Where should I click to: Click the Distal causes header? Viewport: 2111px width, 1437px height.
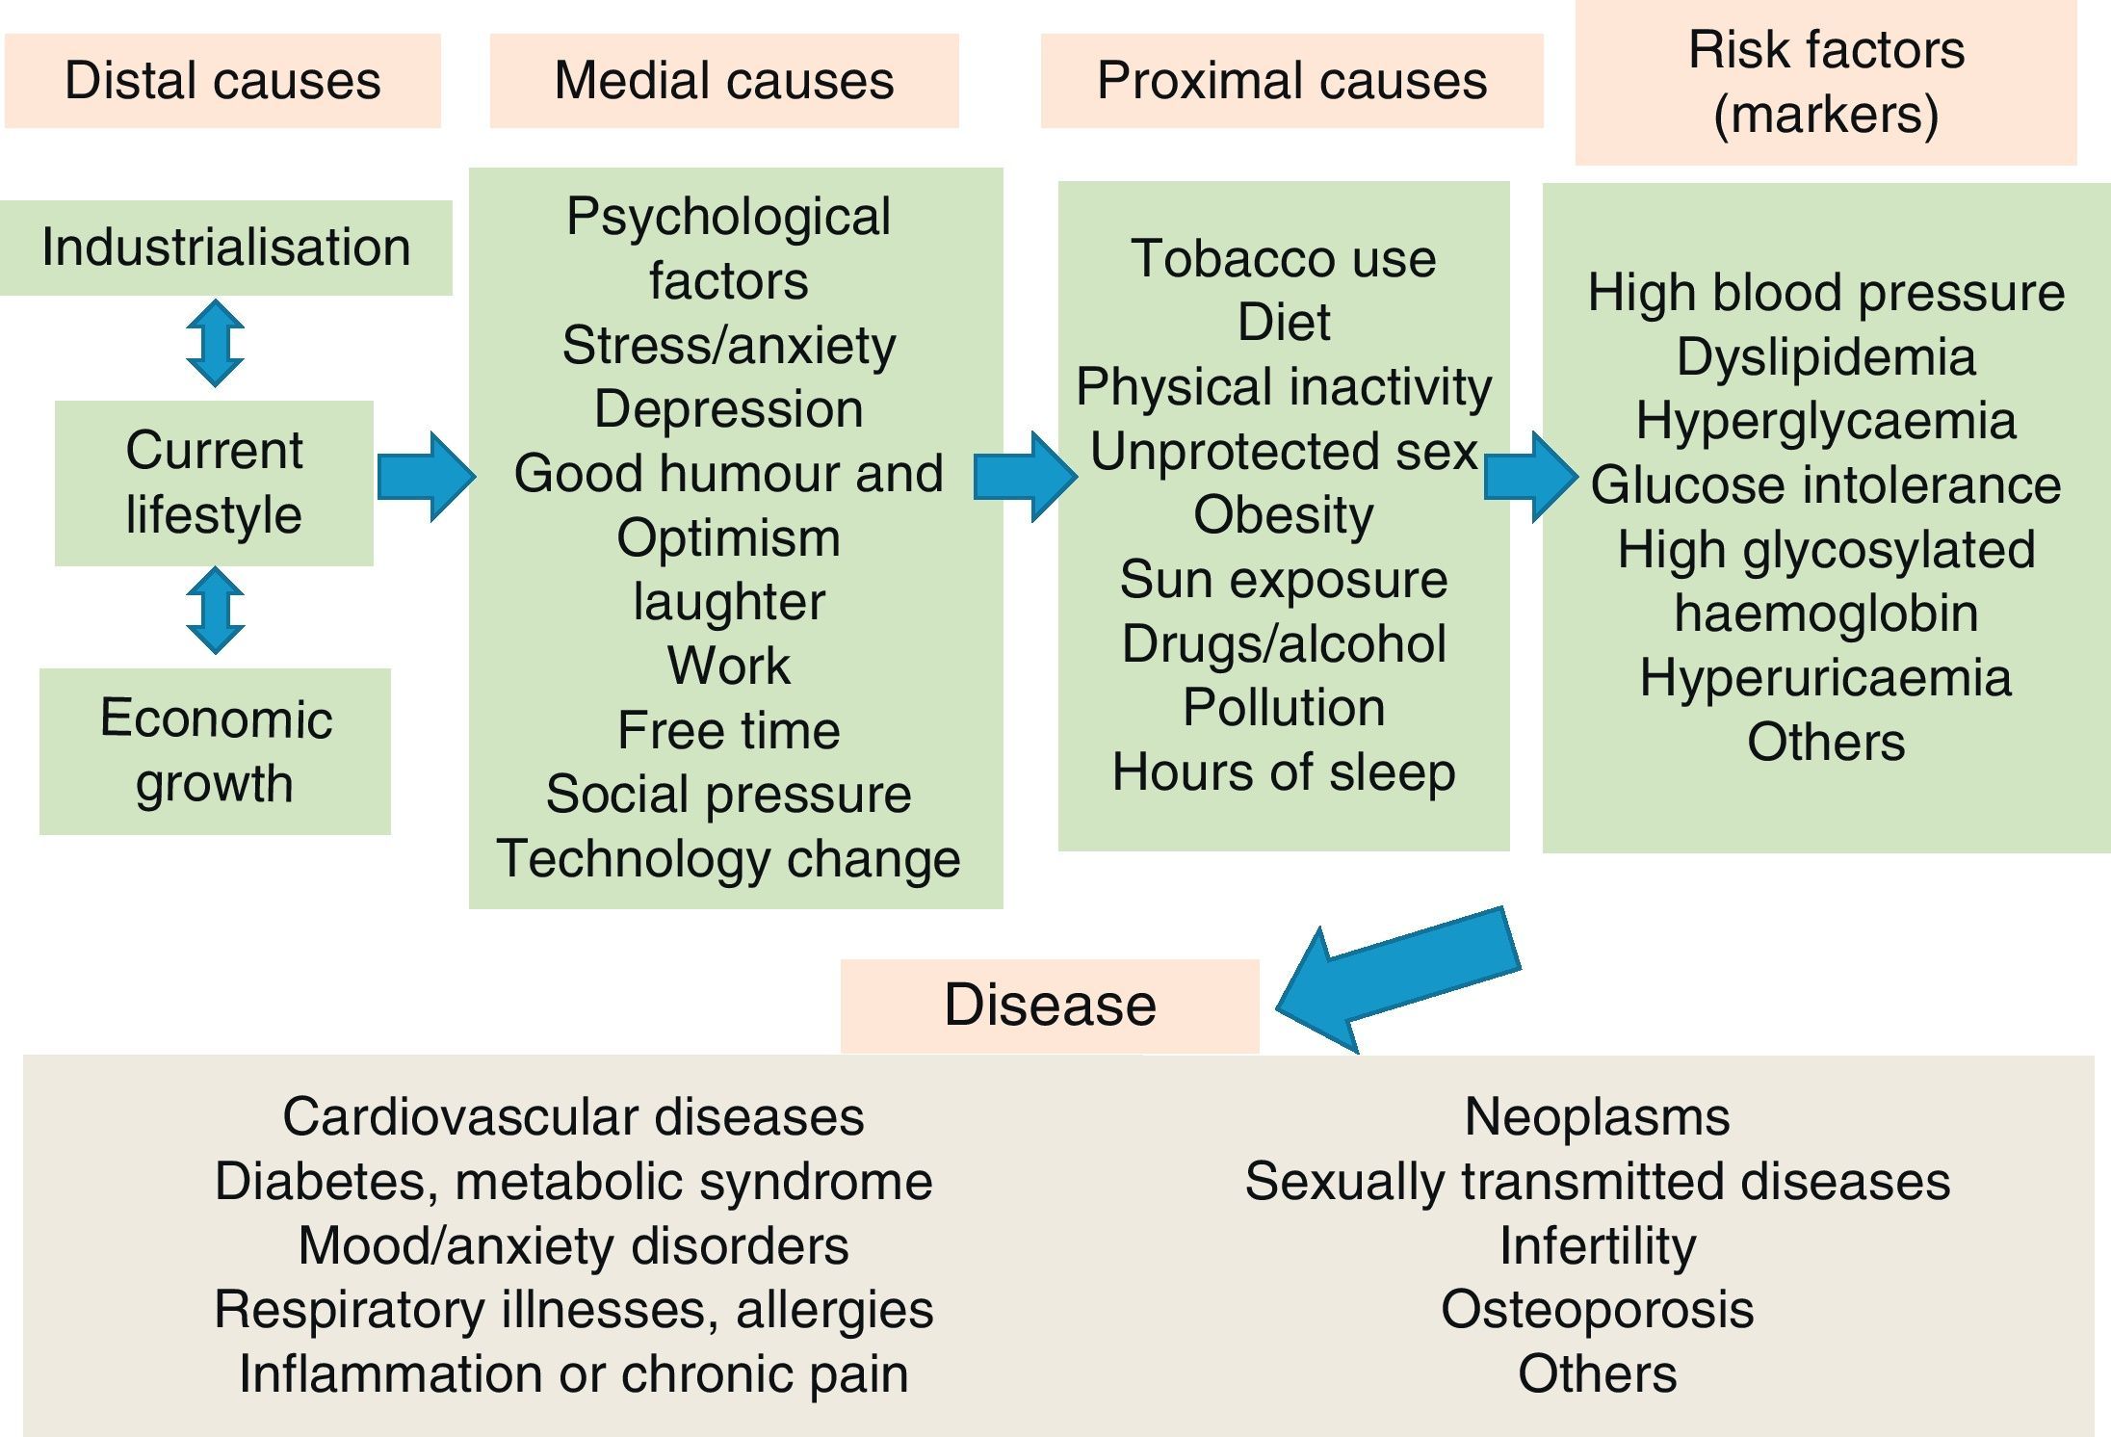pyautogui.click(x=222, y=81)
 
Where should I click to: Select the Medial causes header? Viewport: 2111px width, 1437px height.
pyautogui.click(x=724, y=81)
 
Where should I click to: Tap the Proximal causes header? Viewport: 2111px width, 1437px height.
pyautogui.click(x=1291, y=81)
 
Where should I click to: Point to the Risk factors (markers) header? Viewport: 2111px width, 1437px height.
pyautogui.click(x=1826, y=83)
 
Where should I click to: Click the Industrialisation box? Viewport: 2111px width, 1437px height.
pyautogui.click(x=225, y=248)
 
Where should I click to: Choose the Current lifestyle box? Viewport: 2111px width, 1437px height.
pyautogui.click(x=214, y=483)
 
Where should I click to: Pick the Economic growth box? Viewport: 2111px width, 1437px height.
pyautogui.click(x=215, y=750)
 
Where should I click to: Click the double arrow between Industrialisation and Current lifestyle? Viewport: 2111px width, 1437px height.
pyautogui.click(x=215, y=344)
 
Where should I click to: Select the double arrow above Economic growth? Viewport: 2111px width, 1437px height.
pyautogui.click(x=215, y=611)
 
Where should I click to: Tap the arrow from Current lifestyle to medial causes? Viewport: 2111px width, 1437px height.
pyautogui.click(x=426, y=477)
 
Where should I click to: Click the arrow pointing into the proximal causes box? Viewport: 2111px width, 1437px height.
pyautogui.click(x=1025, y=477)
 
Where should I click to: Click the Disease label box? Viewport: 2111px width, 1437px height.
pyautogui.click(x=1050, y=1006)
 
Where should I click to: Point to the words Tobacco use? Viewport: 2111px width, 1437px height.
pyautogui.click(x=1284, y=258)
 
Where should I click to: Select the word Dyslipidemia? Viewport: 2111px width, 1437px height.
pyautogui.click(x=1826, y=357)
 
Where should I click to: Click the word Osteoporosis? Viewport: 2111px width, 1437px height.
pyautogui.click(x=1597, y=1310)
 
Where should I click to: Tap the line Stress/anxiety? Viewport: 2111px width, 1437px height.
pyautogui.click(x=729, y=345)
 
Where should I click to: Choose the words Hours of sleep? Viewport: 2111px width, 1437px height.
pyautogui.click(x=1284, y=772)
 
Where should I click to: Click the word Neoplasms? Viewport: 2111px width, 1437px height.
pyautogui.click(x=1597, y=1117)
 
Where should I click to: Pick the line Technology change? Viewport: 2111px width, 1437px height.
pyautogui.click(x=729, y=858)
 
